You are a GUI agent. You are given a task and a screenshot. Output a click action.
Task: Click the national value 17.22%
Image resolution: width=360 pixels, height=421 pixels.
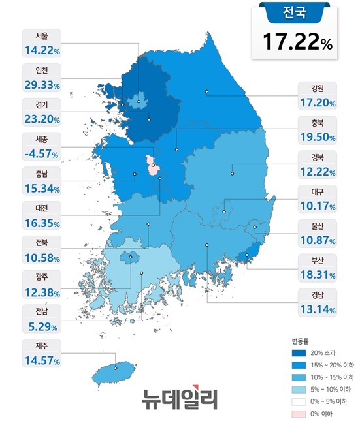[x=297, y=42]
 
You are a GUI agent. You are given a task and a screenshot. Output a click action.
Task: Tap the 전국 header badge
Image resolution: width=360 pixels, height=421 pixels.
[x=297, y=12]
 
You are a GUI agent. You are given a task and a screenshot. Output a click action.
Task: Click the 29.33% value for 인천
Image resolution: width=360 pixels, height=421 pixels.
[x=41, y=85]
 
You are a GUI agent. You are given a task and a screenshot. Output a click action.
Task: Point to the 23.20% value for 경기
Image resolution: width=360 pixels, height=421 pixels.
[x=41, y=119]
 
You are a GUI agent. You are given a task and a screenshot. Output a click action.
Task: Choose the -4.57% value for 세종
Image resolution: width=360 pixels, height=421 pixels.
[x=41, y=154]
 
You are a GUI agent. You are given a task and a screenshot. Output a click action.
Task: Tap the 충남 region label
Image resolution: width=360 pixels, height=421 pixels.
[x=41, y=174]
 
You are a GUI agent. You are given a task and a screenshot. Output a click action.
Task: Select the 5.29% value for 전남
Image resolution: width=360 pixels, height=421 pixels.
[x=41, y=326]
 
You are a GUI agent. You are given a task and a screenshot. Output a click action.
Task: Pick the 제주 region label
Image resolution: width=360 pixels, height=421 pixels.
[x=41, y=345]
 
